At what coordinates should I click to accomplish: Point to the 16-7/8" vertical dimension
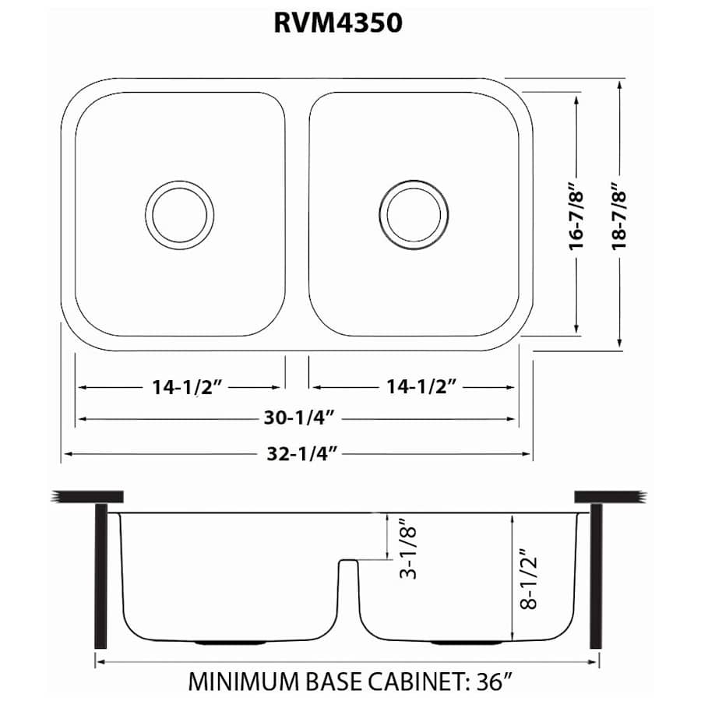(x=576, y=216)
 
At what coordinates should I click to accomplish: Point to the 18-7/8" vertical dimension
(x=619, y=216)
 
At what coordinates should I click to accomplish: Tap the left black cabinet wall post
(x=100, y=576)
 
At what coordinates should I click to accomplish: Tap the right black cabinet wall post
(x=596, y=576)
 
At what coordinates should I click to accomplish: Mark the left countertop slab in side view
(x=86, y=496)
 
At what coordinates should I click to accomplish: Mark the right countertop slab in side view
(x=608, y=496)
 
